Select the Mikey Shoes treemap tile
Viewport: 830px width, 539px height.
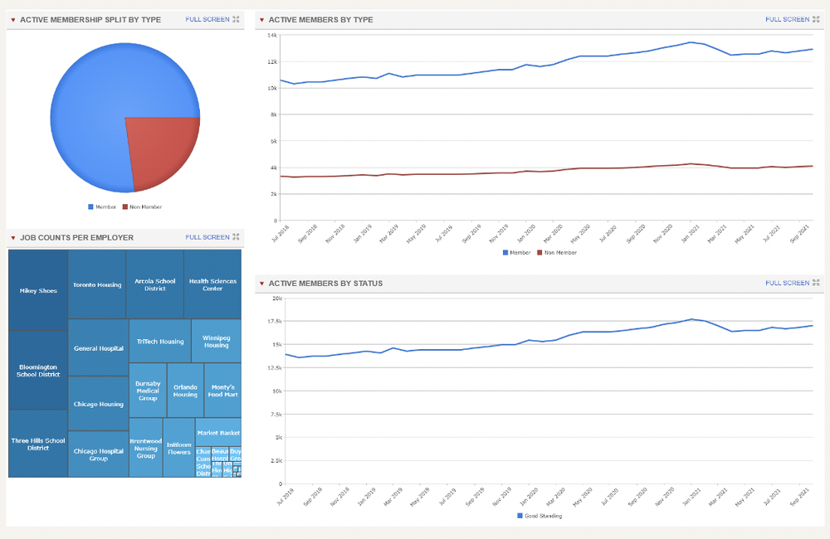tap(38, 290)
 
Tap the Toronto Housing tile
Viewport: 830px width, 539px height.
tap(97, 284)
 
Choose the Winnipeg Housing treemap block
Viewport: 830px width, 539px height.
tap(216, 341)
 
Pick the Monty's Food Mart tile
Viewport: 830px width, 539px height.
tap(222, 391)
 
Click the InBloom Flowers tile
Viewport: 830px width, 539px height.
tap(178, 448)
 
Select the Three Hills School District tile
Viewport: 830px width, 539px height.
tap(38, 444)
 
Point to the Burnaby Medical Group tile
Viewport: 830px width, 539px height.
tap(148, 391)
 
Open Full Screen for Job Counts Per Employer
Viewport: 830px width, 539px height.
tap(207, 237)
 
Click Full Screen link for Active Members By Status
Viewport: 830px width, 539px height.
tap(787, 283)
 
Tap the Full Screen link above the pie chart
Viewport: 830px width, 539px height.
tap(207, 18)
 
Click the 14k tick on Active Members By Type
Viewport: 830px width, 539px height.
tap(271, 35)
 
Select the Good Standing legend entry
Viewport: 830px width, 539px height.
tap(540, 516)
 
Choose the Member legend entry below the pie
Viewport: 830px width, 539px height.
tap(102, 206)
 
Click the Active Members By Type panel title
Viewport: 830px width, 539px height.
tap(320, 19)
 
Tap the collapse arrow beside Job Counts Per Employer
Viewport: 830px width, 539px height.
tap(13, 238)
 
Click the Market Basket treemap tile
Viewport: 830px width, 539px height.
tap(218, 433)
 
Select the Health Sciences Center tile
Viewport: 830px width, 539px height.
tap(212, 284)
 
